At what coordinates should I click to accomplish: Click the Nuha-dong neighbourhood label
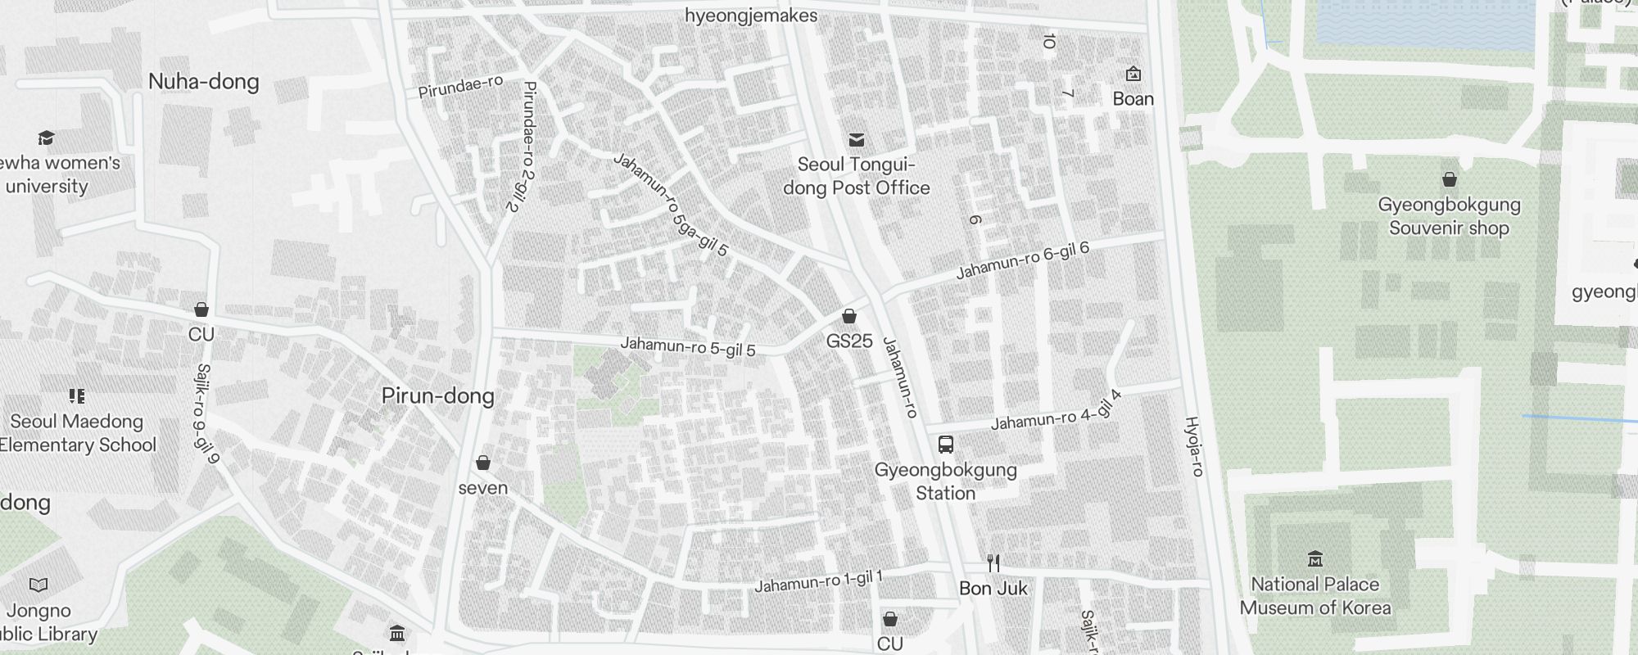204,82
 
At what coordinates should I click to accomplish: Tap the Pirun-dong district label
438,396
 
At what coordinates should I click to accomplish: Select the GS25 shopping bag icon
849,316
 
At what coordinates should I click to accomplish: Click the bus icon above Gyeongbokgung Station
945,445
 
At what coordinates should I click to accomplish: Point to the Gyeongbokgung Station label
945,481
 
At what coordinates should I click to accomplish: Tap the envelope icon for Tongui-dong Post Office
857,139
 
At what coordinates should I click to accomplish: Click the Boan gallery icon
1133,75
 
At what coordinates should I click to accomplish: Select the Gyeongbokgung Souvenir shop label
1449,216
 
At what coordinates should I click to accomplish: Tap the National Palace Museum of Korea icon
1315,559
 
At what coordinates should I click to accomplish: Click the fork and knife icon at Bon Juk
993,562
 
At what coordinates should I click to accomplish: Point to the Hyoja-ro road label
1194,446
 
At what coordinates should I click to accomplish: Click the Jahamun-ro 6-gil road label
1023,260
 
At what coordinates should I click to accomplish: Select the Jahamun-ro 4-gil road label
1056,412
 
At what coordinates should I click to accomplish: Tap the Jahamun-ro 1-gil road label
818,581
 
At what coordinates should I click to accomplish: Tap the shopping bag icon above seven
483,463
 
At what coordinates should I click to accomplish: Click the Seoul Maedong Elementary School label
77,433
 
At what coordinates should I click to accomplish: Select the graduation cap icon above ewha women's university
47,138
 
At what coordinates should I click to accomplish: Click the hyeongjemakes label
751,16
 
